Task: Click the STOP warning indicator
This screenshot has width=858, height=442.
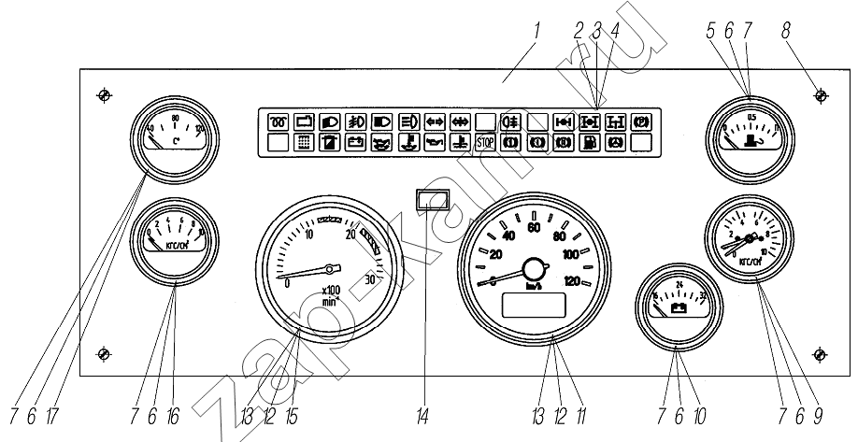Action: tap(485, 143)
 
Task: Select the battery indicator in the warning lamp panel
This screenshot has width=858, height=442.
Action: tap(355, 143)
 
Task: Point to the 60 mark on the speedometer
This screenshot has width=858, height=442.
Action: tap(535, 227)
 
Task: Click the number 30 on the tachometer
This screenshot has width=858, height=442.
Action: tap(370, 279)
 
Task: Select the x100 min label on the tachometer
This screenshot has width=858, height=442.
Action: tap(331, 293)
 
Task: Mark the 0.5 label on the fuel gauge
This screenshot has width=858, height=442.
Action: tap(754, 117)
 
